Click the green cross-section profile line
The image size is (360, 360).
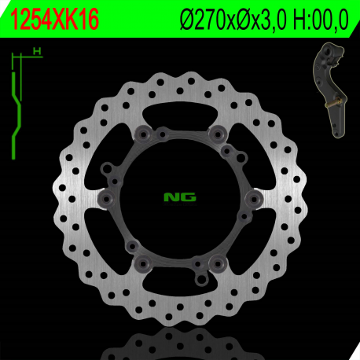point(15,102)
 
